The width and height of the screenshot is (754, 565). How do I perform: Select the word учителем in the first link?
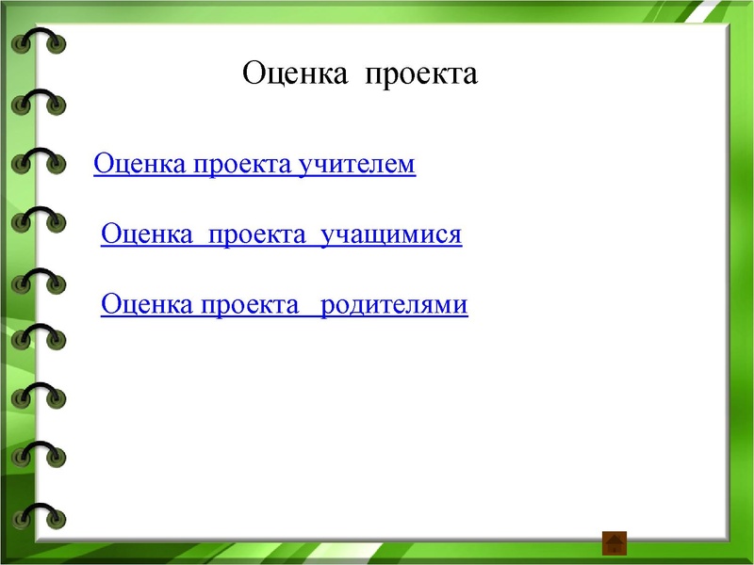(356, 165)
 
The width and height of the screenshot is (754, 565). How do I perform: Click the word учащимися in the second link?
(391, 234)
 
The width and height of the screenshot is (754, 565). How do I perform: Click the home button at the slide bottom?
(615, 542)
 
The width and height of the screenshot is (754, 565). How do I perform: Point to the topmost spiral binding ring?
(39, 41)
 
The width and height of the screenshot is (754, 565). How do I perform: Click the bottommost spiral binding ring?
(39, 516)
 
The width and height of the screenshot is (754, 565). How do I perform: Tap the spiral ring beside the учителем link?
(39, 162)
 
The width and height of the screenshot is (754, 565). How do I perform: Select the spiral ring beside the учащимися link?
(39, 221)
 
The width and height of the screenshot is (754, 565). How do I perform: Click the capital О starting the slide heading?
(254, 73)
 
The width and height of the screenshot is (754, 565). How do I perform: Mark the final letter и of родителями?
(461, 306)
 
